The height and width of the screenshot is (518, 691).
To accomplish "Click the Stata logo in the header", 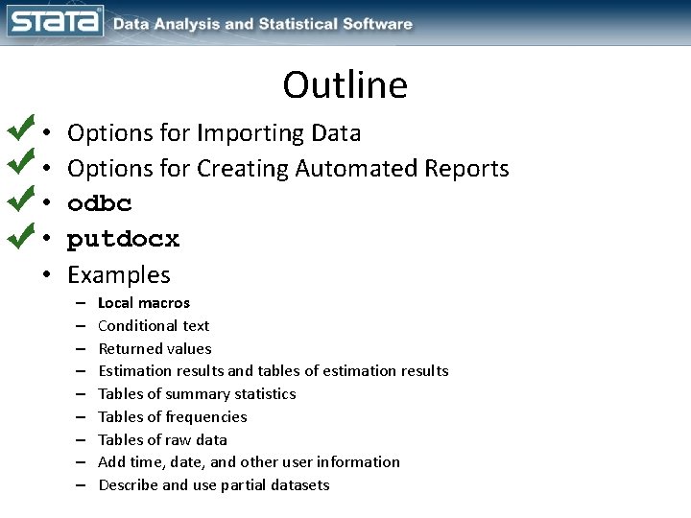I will [x=54, y=22].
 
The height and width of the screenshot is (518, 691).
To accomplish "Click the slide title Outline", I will [x=345, y=85].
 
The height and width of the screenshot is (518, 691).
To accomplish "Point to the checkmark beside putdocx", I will [x=20, y=236].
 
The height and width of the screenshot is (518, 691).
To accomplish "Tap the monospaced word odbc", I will [x=100, y=204].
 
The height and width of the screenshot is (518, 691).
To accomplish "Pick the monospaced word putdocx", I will [x=123, y=240].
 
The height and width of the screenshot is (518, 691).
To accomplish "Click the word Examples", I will [x=119, y=275].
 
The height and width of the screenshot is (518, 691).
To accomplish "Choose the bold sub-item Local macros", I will [x=144, y=303].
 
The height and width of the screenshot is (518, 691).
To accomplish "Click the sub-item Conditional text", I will [x=154, y=326].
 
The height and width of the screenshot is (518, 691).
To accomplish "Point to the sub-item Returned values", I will [x=155, y=348].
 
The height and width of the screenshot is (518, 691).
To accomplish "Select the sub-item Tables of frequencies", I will [x=173, y=416].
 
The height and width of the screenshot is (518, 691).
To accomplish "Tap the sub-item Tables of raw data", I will [x=163, y=439].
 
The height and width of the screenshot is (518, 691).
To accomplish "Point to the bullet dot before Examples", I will [x=47, y=276].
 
